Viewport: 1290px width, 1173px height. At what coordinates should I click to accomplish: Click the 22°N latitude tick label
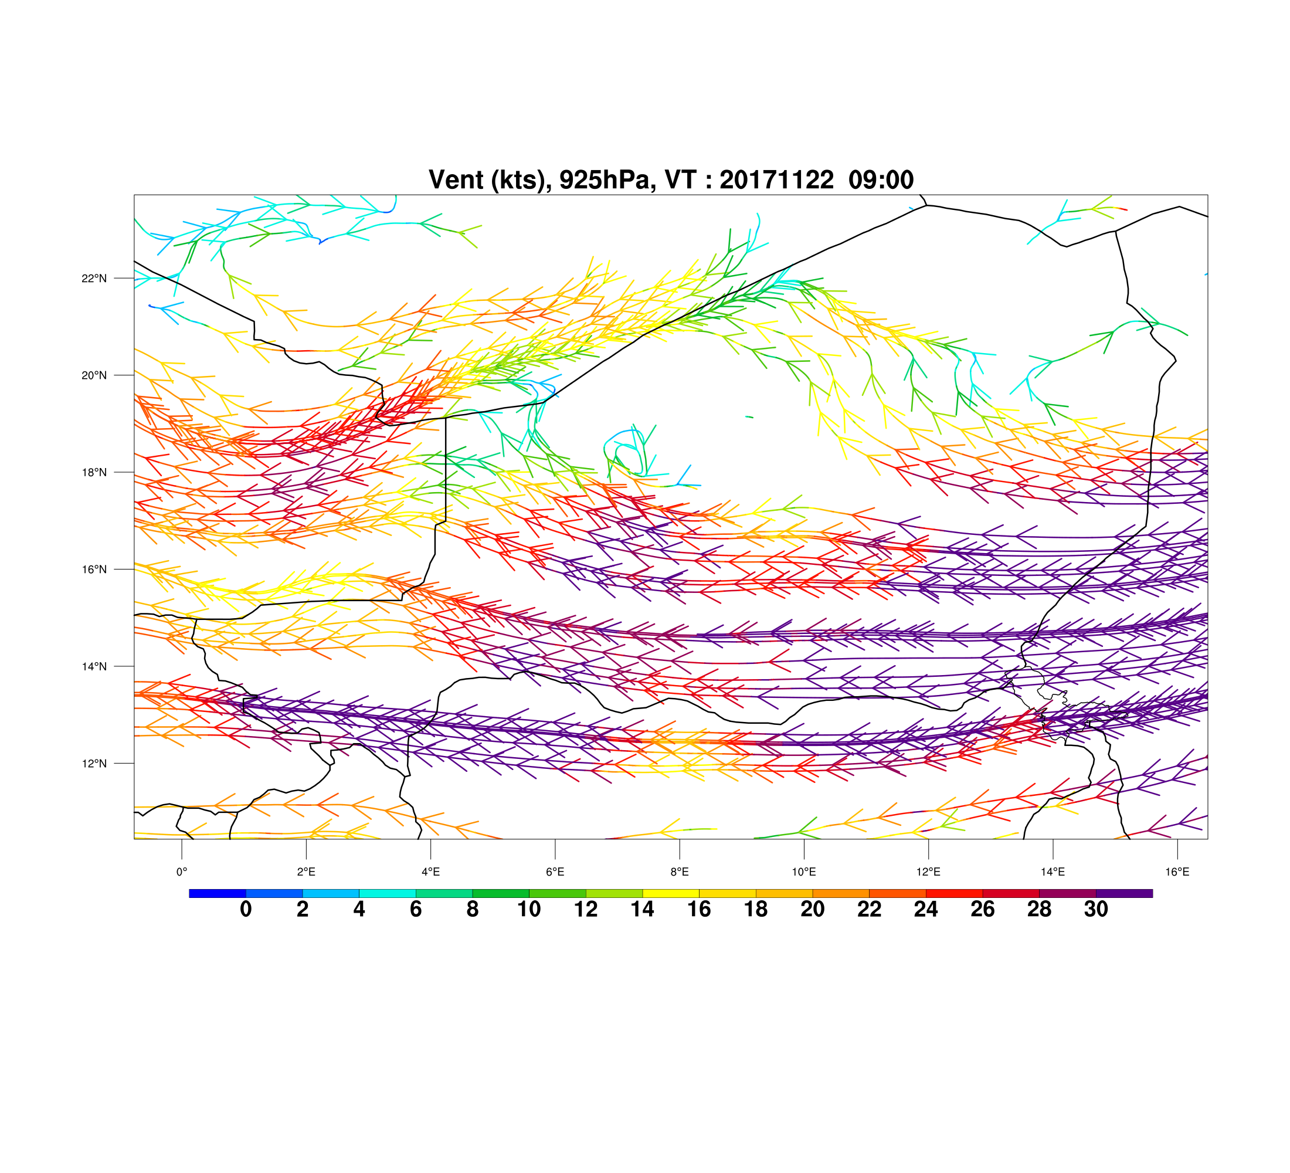pyautogui.click(x=94, y=279)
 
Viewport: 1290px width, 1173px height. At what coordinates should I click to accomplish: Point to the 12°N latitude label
pyautogui.click(x=94, y=764)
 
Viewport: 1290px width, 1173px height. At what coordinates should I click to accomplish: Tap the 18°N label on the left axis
pyautogui.click(x=94, y=472)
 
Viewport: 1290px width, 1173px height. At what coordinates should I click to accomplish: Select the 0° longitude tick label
pyautogui.click(x=182, y=872)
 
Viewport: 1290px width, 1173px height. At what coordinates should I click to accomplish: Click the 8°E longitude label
pyautogui.click(x=680, y=872)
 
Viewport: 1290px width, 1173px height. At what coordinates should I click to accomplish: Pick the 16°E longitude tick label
pyautogui.click(x=1177, y=872)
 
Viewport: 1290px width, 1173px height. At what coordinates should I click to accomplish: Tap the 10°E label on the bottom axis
pyautogui.click(x=804, y=872)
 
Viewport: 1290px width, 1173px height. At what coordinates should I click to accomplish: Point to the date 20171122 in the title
pyautogui.click(x=776, y=180)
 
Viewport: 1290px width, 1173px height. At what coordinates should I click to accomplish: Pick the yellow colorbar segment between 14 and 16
pyautogui.click(x=671, y=893)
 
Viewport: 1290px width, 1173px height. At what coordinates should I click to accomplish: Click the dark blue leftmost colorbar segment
pyautogui.click(x=218, y=893)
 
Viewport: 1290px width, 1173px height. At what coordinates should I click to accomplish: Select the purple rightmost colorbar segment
pyautogui.click(x=1124, y=893)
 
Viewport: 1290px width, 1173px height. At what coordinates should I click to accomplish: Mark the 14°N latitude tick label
pyautogui.click(x=94, y=666)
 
